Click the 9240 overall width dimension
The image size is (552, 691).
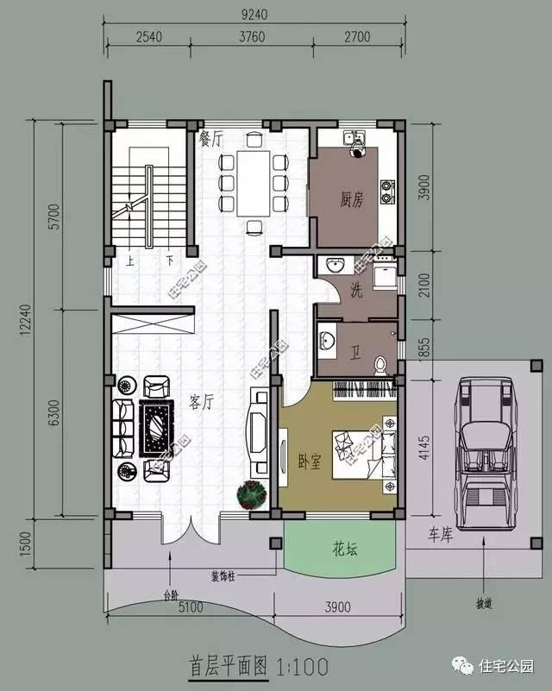coord(256,13)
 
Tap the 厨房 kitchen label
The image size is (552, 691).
coord(351,200)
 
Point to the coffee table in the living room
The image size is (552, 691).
coord(156,429)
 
